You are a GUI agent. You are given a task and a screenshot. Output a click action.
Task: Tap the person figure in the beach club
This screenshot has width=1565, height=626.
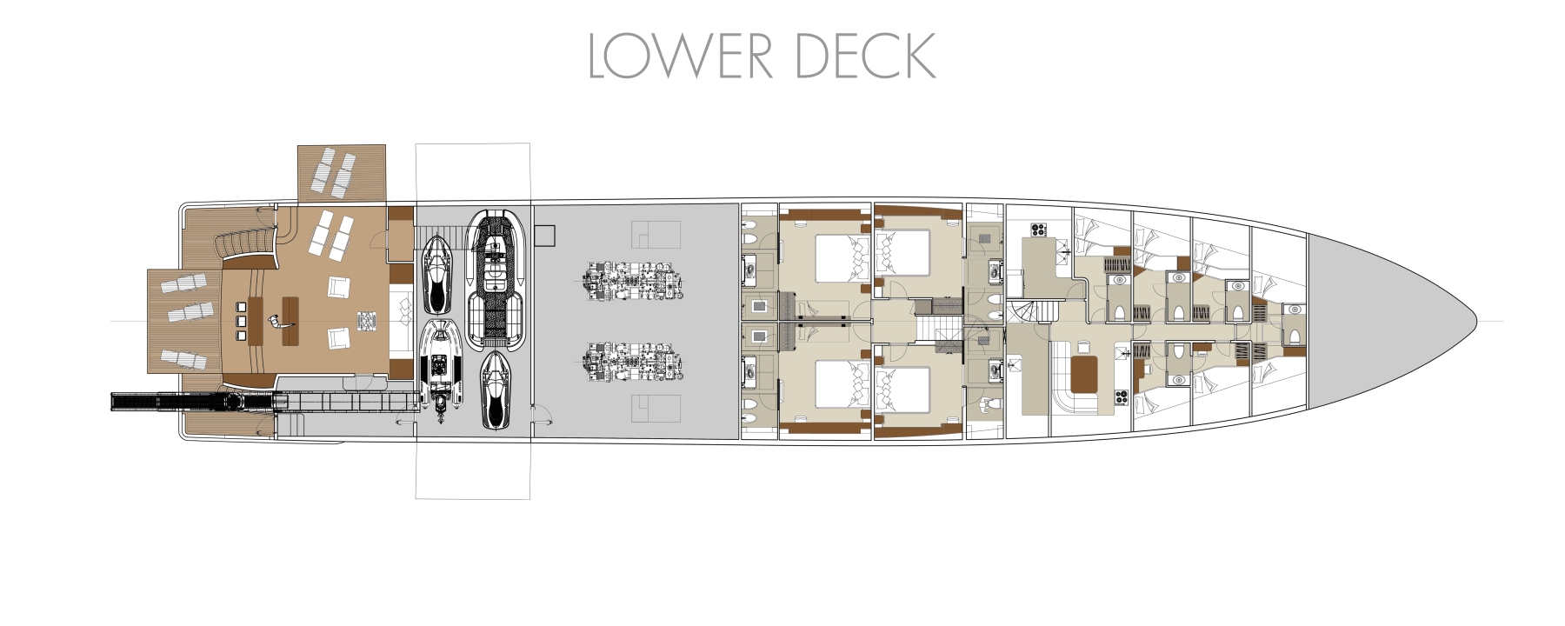pos(278,323)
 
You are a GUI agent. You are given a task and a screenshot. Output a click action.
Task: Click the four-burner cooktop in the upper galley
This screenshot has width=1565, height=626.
pos(1036,230)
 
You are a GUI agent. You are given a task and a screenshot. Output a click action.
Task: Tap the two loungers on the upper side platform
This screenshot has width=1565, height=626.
pos(335,173)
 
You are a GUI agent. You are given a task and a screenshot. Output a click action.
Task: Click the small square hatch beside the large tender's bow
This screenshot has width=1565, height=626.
pos(545,235)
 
